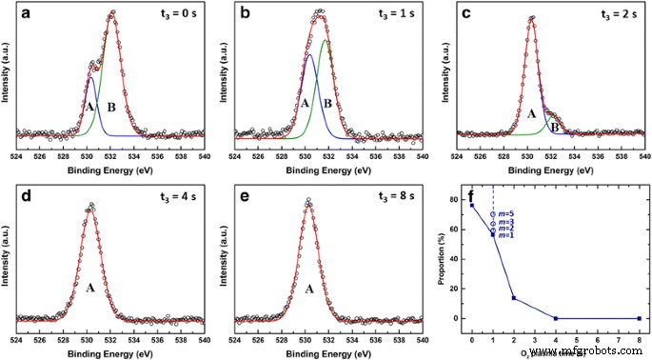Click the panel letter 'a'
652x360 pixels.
pos(30,15)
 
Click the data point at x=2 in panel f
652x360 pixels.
pos(514,298)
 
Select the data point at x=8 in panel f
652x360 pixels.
pos(639,318)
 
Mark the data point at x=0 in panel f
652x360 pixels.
pos(472,205)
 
